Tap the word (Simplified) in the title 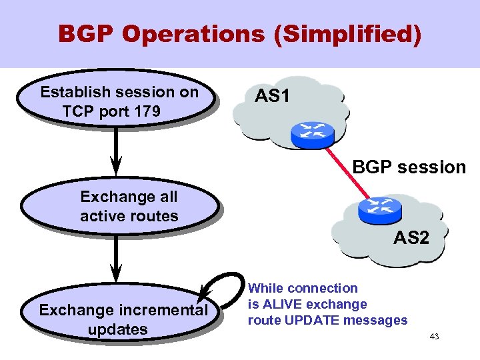pos(347,35)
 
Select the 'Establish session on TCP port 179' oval pos(119,102)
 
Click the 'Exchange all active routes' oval pos(120,207)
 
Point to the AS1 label pos(272,97)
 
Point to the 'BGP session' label pos(409,167)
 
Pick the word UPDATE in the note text pos(315,321)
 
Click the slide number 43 pos(434,337)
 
